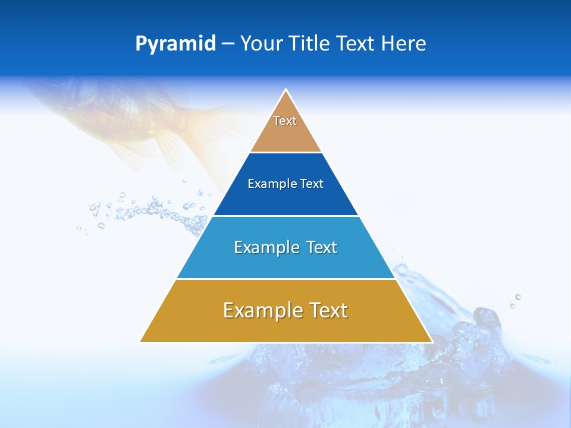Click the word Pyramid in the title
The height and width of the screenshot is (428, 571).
[x=175, y=44]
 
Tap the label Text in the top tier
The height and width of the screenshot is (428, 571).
[x=285, y=121]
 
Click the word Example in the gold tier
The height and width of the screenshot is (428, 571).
[x=260, y=310]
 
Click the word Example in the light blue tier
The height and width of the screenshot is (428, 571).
[x=265, y=247]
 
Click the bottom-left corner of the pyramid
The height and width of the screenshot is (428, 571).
[x=141, y=341]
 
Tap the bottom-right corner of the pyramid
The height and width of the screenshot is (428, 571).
[x=431, y=341]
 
